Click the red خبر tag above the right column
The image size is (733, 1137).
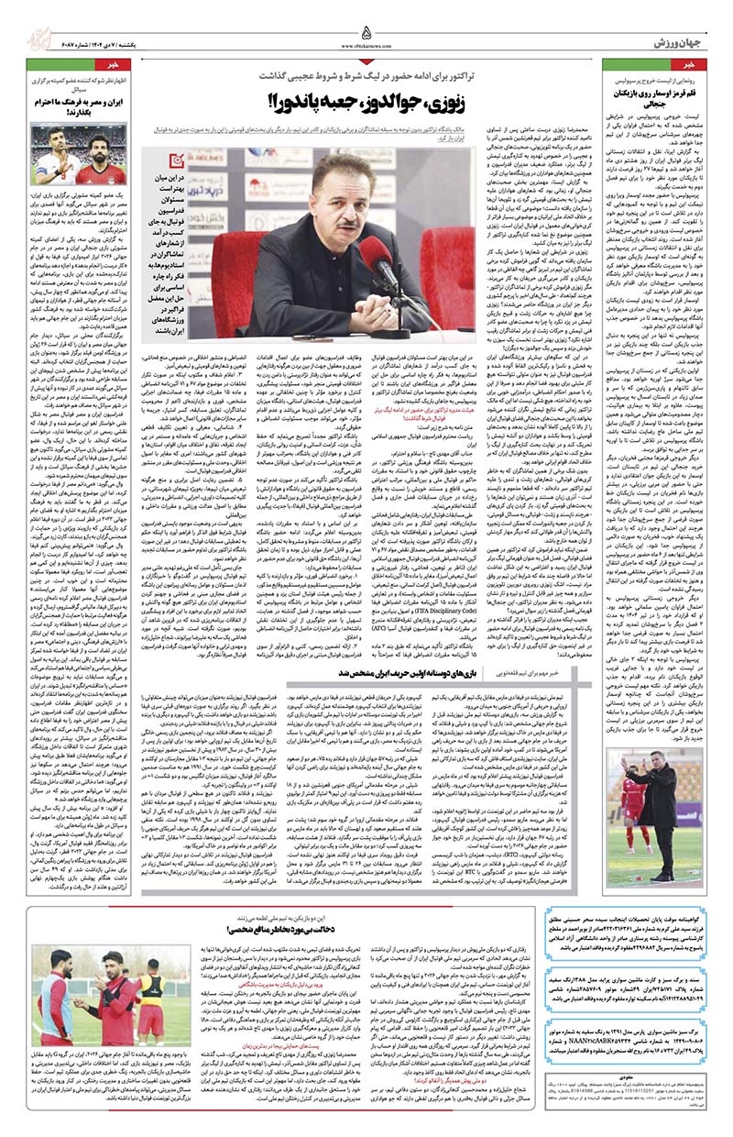pos(703,67)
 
